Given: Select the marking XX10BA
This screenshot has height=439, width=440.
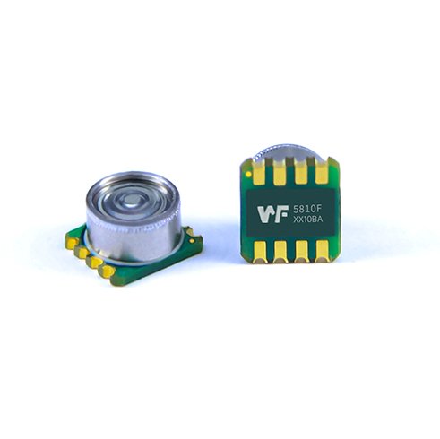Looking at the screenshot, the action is pos(308,219).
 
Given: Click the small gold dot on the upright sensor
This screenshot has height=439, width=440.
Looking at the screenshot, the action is pos(247,173).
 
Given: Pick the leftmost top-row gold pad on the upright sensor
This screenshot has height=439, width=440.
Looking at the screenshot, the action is pos(259,173).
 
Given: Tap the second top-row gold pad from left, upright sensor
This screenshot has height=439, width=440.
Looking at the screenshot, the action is pos(280,172).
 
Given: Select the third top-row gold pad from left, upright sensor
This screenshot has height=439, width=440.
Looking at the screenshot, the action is pos(301,171).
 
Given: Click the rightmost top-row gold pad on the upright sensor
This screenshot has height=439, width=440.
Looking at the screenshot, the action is pos(322,171).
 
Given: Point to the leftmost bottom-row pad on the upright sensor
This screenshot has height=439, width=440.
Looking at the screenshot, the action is pos(260,253).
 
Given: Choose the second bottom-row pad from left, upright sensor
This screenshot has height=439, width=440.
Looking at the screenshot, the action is pos(280,253).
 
